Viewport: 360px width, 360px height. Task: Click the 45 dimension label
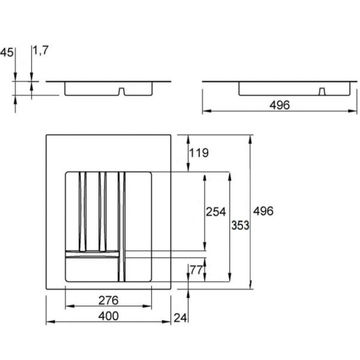(x=7, y=53)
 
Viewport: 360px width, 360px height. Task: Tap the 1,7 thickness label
(x=41, y=50)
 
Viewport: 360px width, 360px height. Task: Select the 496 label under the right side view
(x=280, y=105)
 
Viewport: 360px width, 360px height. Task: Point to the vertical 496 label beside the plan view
(x=263, y=211)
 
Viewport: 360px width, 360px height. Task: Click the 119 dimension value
(x=199, y=152)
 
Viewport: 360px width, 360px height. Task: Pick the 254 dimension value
(x=216, y=212)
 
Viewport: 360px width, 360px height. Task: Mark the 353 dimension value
(x=240, y=225)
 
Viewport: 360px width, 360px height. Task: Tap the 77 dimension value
(x=196, y=270)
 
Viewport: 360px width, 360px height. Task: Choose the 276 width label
(x=109, y=301)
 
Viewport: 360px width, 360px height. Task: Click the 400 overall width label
(x=109, y=316)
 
